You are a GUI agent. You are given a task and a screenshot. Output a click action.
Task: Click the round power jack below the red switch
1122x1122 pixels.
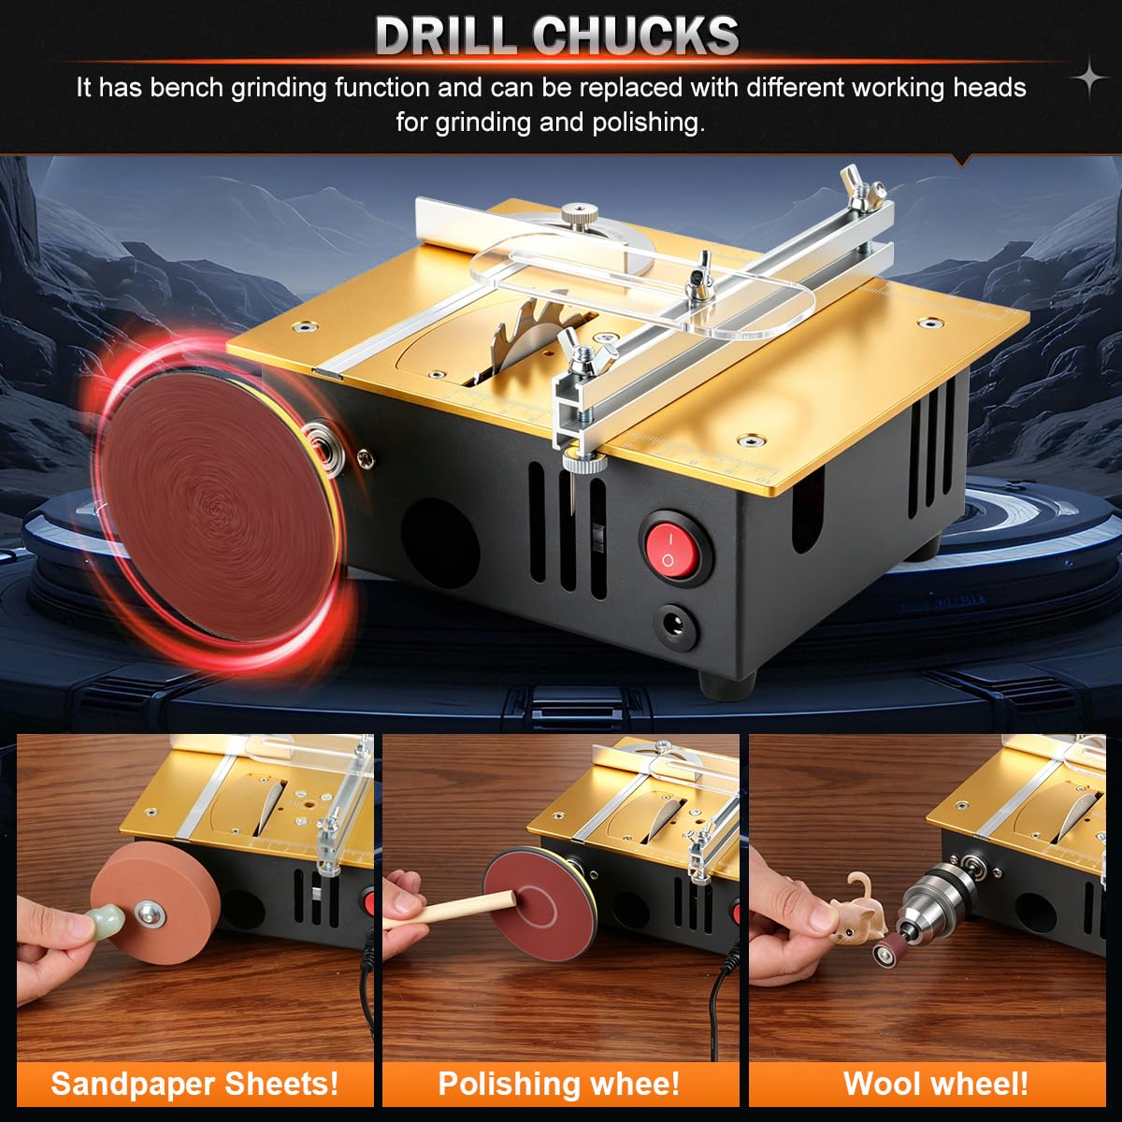pos(677,627)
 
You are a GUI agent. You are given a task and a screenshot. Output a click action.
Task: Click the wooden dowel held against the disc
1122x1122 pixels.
pos(460,909)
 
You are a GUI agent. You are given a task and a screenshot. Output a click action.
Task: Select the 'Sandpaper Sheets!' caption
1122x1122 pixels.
pos(194,1084)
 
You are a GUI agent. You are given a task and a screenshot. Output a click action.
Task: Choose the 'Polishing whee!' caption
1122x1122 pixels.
pos(559,1084)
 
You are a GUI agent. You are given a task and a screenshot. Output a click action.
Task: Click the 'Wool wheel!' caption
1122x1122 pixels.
pos(936,1084)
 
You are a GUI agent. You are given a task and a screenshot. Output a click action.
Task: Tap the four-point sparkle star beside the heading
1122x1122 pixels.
pos(1089,77)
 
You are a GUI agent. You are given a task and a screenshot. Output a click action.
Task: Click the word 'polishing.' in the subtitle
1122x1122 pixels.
pos(648,123)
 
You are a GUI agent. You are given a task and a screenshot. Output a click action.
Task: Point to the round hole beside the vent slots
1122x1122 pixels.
pos(440,543)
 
